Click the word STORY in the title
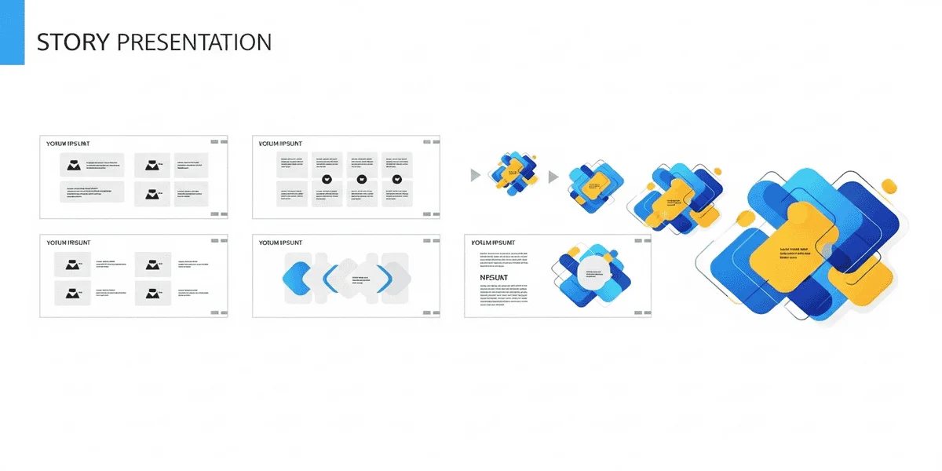72,42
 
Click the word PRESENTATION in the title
193,42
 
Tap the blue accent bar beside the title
12,32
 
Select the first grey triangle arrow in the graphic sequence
475,175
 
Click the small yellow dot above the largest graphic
889,186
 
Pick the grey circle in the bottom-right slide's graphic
594,275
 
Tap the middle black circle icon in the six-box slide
362,180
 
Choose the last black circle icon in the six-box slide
397,180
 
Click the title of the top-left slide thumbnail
68,144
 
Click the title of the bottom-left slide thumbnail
69,243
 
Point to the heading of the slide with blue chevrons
280,243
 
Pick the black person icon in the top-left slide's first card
74,165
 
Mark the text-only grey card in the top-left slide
92,192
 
